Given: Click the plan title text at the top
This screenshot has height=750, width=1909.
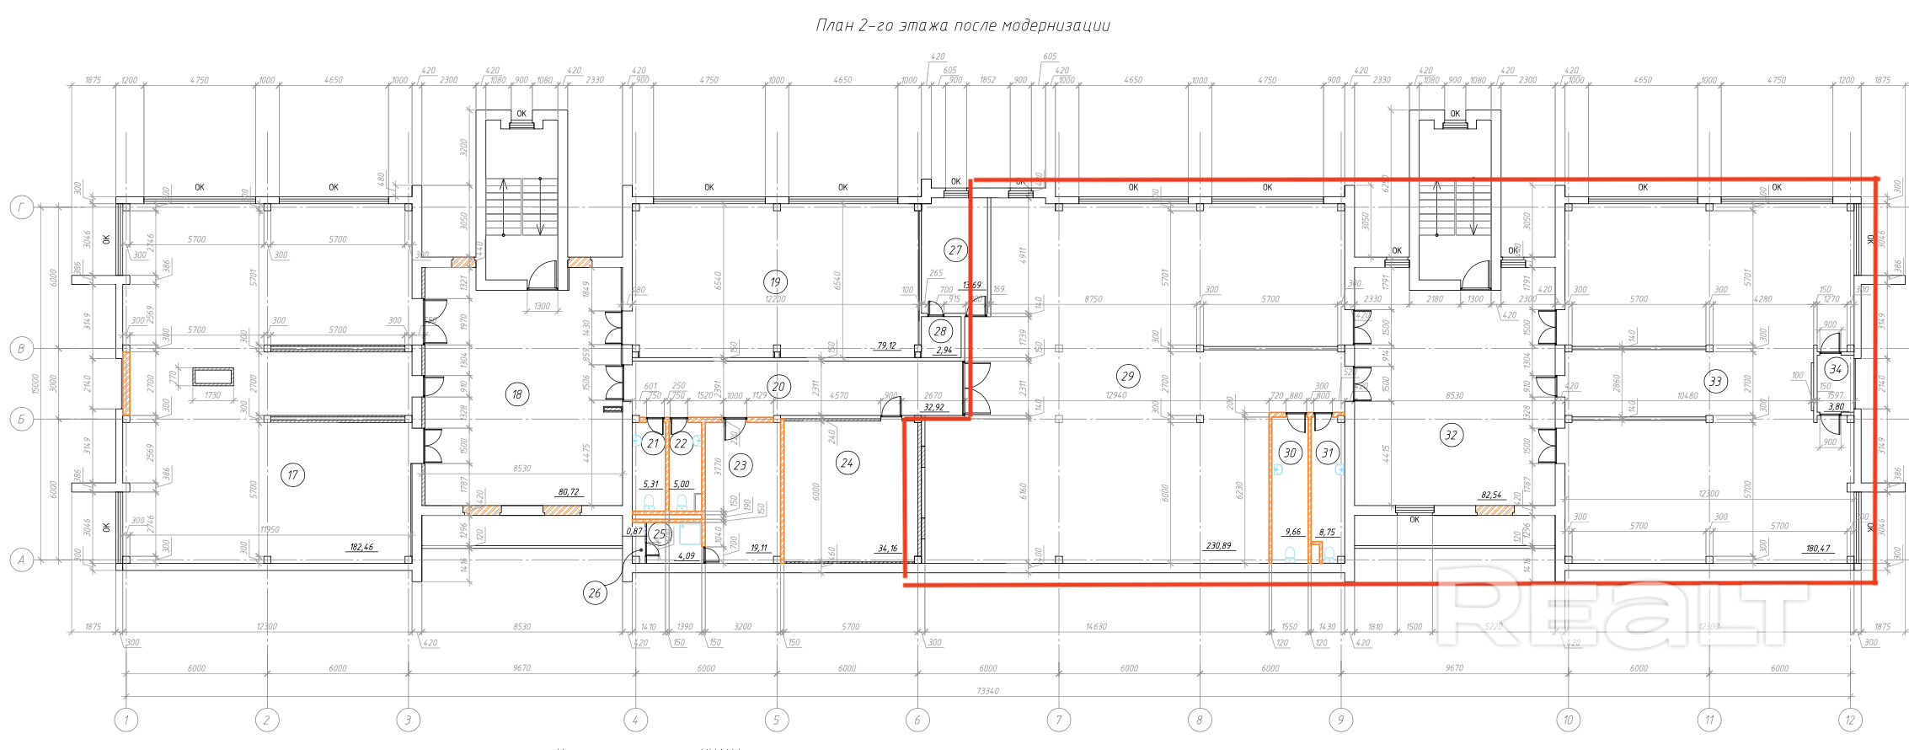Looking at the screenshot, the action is pos(963,25).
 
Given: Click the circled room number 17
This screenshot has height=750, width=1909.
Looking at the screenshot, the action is pos(292,475).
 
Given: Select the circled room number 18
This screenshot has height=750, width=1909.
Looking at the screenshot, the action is pos(517,394).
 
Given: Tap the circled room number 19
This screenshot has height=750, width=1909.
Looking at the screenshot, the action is pos(775,282).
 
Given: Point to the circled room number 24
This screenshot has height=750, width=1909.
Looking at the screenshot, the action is pos(847,462).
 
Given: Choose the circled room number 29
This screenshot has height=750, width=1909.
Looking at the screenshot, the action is pos(1127,376).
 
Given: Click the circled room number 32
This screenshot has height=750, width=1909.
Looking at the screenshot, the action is pos(1451,436).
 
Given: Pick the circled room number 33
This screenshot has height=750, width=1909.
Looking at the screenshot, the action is pos(1715,381).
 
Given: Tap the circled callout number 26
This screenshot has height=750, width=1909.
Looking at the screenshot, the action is pos(595,593).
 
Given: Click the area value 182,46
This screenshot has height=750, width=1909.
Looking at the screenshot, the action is pos(361,547).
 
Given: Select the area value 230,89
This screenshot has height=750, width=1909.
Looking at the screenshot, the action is pos(1218,546).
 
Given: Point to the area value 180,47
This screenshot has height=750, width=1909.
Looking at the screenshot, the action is pos(1817,549).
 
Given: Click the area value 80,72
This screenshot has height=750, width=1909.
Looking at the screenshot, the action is pos(569,491).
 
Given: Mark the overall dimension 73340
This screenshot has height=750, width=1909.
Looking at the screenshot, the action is pos(987,690).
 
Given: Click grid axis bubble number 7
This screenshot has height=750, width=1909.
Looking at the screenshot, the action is pos(1058,720).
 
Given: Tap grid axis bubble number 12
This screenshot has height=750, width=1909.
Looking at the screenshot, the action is pos(1850,720).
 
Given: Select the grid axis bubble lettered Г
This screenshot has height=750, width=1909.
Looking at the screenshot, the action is pos(22,207).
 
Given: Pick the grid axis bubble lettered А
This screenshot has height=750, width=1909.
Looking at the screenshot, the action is pos(22,560).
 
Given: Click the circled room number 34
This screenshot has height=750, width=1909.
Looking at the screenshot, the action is pos(1836,369).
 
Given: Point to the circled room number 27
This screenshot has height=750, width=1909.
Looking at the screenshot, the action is pos(954,249).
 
